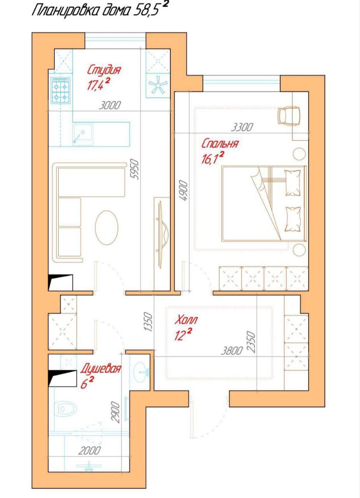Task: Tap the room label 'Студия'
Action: (104, 70)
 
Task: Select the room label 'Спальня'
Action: (220, 144)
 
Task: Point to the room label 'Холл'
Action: (186, 320)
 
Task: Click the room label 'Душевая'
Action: (100, 370)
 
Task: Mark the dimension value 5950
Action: (135, 169)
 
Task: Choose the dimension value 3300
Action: (242, 127)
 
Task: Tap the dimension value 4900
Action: (184, 191)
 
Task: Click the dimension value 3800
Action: (232, 351)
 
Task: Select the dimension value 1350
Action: (148, 322)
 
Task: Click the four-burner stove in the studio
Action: (60, 90)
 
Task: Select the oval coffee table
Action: (107, 228)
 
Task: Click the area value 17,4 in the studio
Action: (98, 84)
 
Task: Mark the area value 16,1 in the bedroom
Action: (212, 158)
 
